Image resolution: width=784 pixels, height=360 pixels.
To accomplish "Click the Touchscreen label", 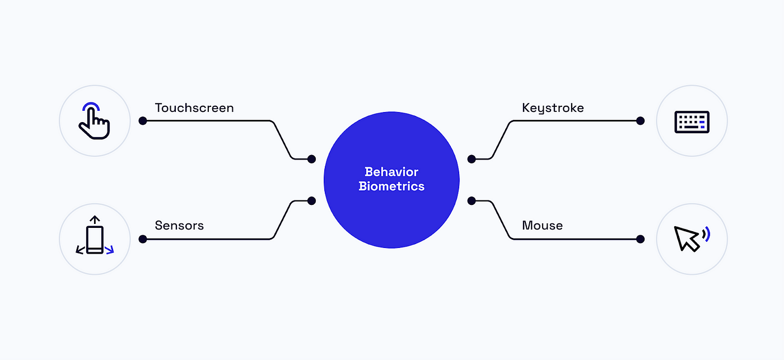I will point(194,107).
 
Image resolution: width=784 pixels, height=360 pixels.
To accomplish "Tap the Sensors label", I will point(179,226).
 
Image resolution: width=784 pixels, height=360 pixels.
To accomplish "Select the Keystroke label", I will point(553,107).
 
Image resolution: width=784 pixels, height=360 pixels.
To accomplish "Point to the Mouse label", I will point(542,226).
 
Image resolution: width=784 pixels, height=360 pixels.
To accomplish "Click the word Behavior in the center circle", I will point(391,172).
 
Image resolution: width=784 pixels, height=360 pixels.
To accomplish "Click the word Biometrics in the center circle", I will point(391,186).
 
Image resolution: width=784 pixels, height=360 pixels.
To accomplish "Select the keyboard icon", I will point(692,121).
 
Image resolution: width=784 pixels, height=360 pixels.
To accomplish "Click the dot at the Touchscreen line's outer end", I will point(143,120).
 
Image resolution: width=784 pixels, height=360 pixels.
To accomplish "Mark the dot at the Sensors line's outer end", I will point(143,239).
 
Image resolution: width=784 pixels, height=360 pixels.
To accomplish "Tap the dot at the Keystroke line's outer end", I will point(641,120).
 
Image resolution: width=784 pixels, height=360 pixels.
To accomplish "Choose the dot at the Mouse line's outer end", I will point(641,239).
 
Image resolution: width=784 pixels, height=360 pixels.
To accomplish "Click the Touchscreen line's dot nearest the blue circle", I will point(311,159).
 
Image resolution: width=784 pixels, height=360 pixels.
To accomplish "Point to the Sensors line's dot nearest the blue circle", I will point(311,200).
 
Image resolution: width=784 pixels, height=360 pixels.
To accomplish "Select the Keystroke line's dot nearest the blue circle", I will point(472,159).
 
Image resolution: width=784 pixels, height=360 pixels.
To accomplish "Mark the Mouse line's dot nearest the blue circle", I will point(472,200).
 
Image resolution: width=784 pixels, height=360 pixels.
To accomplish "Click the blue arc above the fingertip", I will point(91,106).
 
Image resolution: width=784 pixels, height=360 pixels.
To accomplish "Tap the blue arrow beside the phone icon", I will point(110,250).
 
